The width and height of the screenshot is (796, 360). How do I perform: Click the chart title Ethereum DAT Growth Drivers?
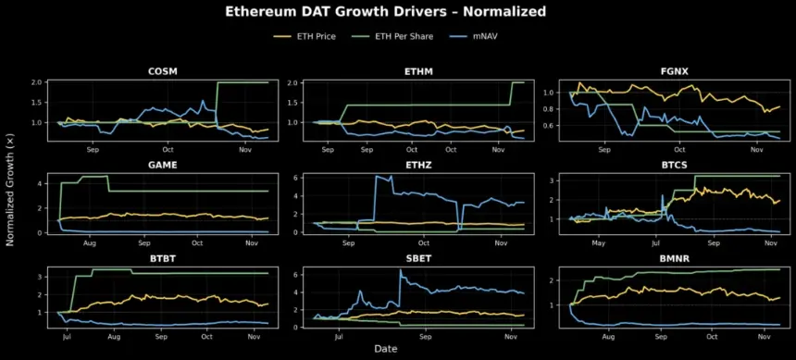tap(398, 12)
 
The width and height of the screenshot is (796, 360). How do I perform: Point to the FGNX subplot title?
tap(660, 70)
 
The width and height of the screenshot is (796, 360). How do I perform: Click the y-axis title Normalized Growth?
tap(11, 199)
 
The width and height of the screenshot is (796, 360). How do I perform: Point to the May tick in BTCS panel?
tap(598, 243)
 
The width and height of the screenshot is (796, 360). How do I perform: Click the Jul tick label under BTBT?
tap(66, 337)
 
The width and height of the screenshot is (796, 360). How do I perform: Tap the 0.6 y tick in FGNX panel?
tap(544, 126)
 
